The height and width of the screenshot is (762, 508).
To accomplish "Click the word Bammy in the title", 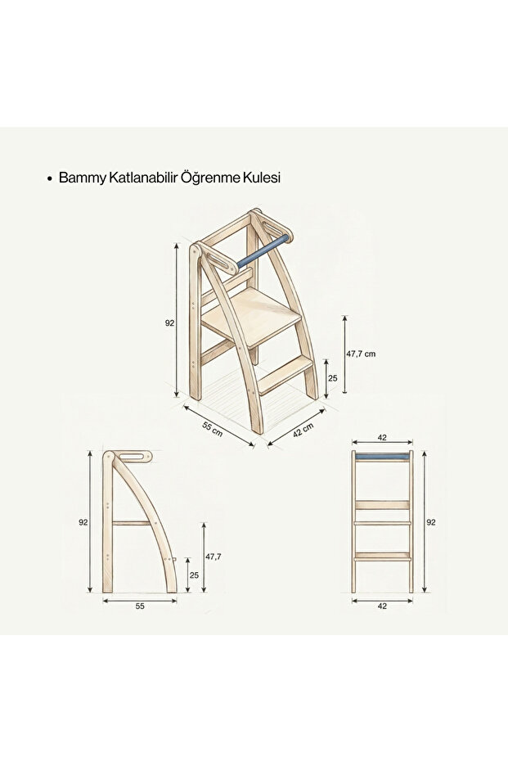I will [x=79, y=178].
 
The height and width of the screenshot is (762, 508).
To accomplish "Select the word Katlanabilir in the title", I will [x=144, y=178].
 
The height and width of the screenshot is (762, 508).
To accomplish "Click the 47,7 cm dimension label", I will [x=361, y=354].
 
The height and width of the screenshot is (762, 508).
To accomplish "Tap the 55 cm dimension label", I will [x=213, y=428].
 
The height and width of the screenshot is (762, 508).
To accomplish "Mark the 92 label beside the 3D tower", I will [x=169, y=323].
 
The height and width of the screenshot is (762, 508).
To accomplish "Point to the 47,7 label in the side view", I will [x=213, y=557].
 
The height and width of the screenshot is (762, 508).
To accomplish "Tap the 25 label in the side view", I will [x=195, y=575].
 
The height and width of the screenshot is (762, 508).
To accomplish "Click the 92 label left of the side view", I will [x=83, y=521].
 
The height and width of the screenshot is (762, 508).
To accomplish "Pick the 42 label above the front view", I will [x=383, y=438].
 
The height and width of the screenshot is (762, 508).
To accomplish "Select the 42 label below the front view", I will [x=383, y=607].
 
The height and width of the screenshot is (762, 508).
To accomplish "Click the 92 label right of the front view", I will [x=432, y=521].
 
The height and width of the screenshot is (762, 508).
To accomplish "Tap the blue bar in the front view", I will [x=383, y=455].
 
